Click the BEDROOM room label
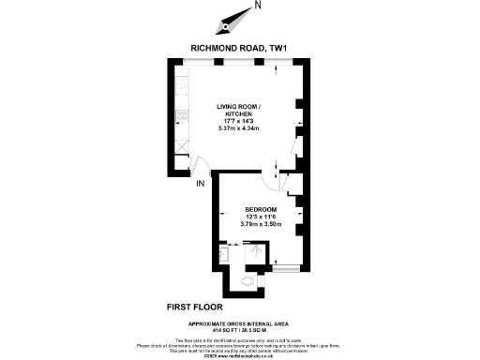[261, 208]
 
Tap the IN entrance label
[200, 183]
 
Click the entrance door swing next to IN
[199, 166]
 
